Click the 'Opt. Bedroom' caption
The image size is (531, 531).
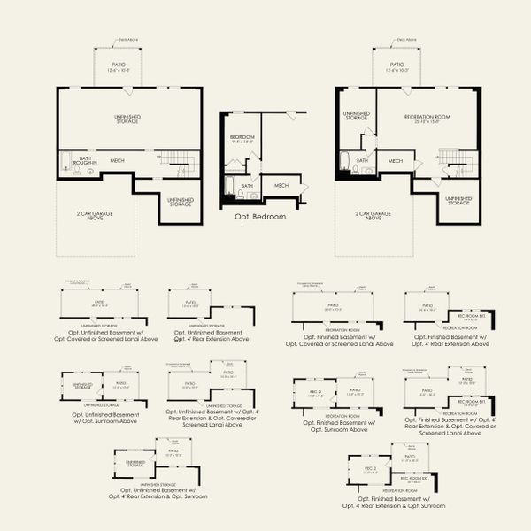(260, 215)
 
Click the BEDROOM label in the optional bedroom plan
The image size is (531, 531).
(242, 139)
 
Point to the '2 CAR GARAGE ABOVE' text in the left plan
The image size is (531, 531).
(96, 218)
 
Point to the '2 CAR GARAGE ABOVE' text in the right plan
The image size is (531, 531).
(373, 218)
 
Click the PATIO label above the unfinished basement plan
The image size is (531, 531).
(119, 67)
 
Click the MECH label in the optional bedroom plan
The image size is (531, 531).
(281, 185)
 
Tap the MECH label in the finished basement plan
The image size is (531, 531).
(395, 161)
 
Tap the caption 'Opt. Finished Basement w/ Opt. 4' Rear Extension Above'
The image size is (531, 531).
(444, 341)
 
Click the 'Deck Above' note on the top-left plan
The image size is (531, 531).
(129, 40)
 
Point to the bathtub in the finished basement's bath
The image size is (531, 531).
(344, 163)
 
